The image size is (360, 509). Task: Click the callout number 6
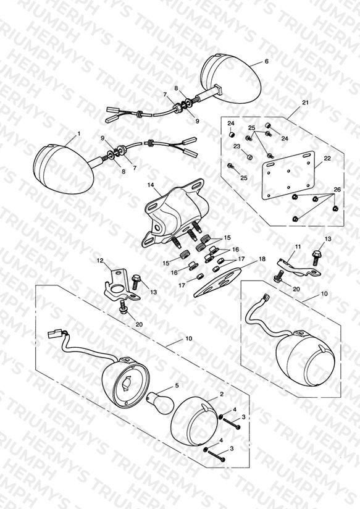pyautogui.click(x=267, y=61)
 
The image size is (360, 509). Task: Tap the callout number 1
pyautogui.click(x=79, y=133)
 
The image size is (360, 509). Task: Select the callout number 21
pyautogui.click(x=306, y=103)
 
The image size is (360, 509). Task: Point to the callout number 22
pyautogui.click(x=327, y=158)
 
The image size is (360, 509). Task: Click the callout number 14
pyautogui.click(x=150, y=185)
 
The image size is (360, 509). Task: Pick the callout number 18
pyautogui.click(x=262, y=259)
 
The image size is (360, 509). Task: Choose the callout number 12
pyautogui.click(x=100, y=260)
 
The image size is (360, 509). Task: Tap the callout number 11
pyautogui.click(x=298, y=246)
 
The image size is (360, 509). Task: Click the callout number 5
pyautogui.click(x=177, y=385)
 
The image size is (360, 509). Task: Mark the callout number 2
pyautogui.click(x=222, y=394)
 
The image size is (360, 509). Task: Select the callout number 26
pyautogui.click(x=337, y=190)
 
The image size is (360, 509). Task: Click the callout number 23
pyautogui.click(x=237, y=146)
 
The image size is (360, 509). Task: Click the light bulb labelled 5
pyautogui.click(x=159, y=403)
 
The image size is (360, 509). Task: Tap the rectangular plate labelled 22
pyautogui.click(x=288, y=175)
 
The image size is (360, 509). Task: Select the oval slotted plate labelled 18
pyautogui.click(x=218, y=282)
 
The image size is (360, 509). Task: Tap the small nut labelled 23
pyautogui.click(x=249, y=157)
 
